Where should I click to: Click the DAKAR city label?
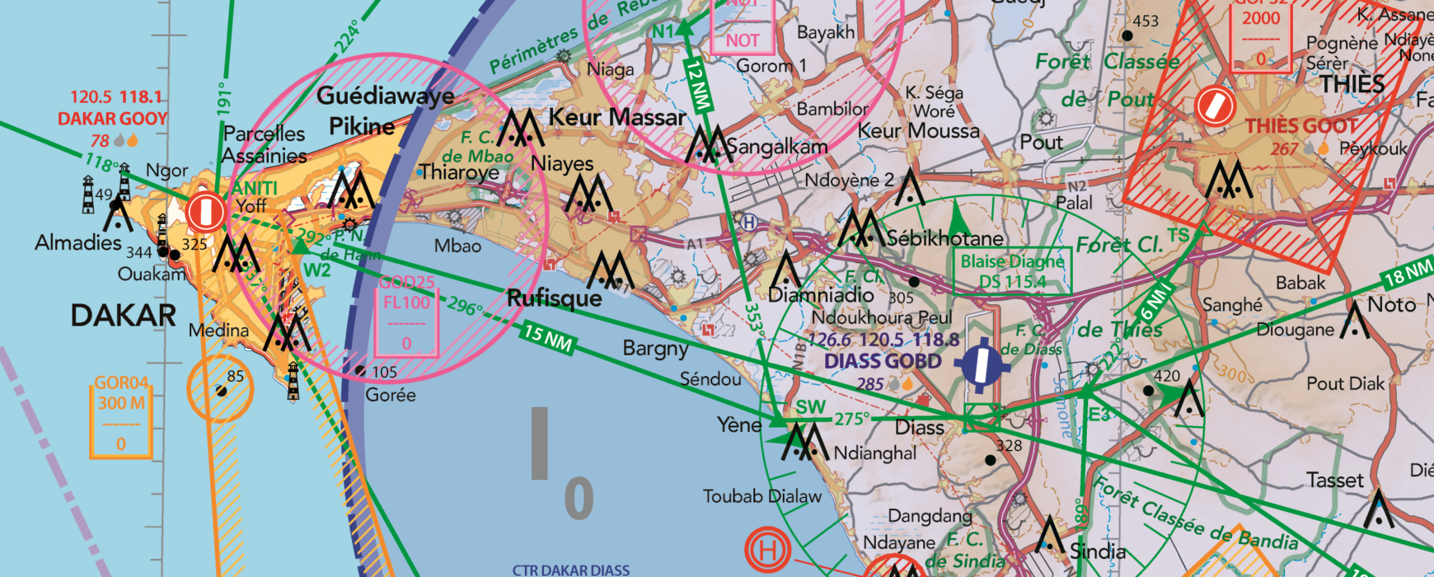click(x=124, y=316)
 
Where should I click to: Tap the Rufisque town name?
click(x=555, y=298)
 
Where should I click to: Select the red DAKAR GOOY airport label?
click(x=113, y=119)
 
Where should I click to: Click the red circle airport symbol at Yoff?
click(x=205, y=212)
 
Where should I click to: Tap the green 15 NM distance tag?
click(x=548, y=338)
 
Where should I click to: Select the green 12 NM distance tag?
click(x=698, y=86)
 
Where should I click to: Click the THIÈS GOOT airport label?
click(x=1301, y=126)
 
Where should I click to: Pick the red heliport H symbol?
click(x=767, y=550)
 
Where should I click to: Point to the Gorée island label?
click(x=391, y=396)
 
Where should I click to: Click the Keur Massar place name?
click(x=616, y=118)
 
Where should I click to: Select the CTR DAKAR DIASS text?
click(x=571, y=570)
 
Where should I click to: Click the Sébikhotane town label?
click(x=944, y=239)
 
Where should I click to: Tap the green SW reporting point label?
click(x=810, y=407)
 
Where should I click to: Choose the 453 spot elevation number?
click(x=1146, y=21)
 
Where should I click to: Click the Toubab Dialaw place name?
click(x=762, y=496)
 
